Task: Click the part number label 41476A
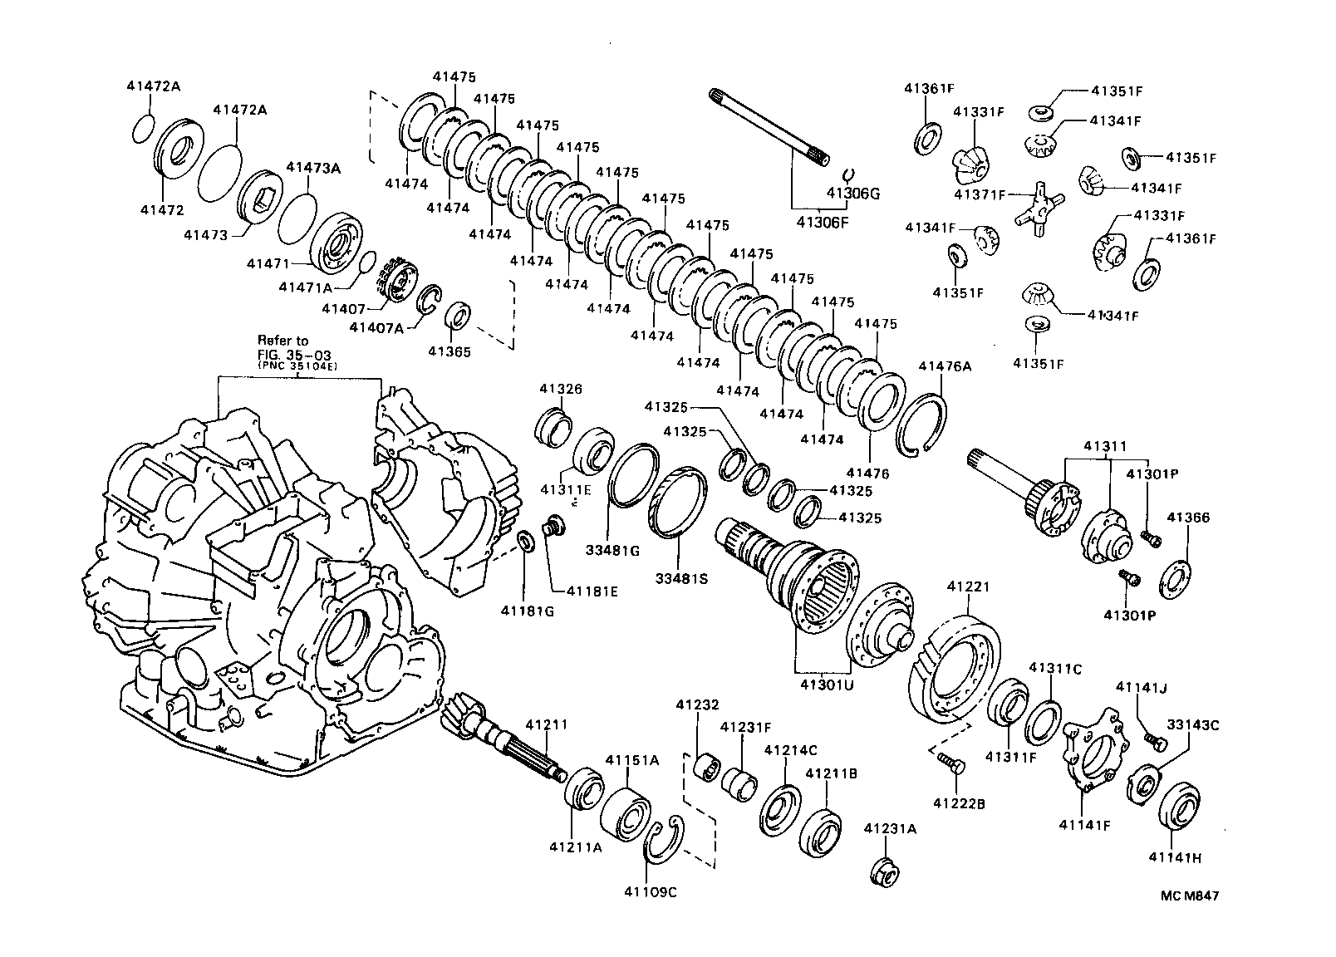pyautogui.click(x=945, y=366)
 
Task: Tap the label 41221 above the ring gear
pyautogui.click(x=968, y=587)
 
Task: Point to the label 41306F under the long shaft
pyautogui.click(x=823, y=222)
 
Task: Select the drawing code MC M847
pyautogui.click(x=1190, y=896)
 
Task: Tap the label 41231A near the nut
pyautogui.click(x=890, y=828)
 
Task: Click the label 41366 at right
pyautogui.click(x=1188, y=518)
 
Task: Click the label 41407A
pyautogui.click(x=376, y=327)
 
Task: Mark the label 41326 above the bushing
pyautogui.click(x=560, y=389)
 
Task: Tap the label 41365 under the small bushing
pyautogui.click(x=449, y=351)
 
